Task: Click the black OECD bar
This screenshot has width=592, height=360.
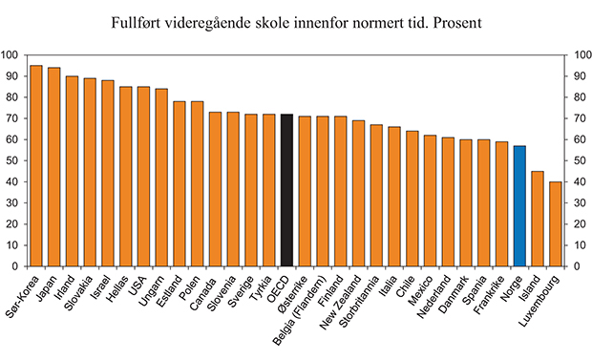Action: pos(286,191)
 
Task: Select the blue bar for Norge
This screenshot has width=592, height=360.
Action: pos(518,206)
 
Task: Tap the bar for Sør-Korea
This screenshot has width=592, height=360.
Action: pos(36,166)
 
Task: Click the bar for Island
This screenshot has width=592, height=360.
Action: pos(537,219)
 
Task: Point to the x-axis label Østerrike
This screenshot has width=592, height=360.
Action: pos(291,292)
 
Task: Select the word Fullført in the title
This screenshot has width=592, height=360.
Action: pos(141,19)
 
